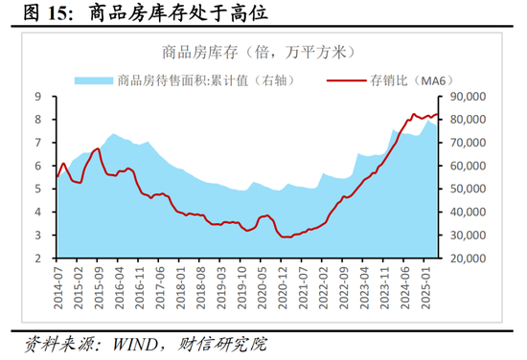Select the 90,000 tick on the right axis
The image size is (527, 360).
[469, 97]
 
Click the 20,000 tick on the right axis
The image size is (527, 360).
[469, 259]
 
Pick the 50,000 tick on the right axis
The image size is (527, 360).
[469, 189]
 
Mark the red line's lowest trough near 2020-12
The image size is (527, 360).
[285, 236]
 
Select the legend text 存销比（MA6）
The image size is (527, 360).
[402, 80]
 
